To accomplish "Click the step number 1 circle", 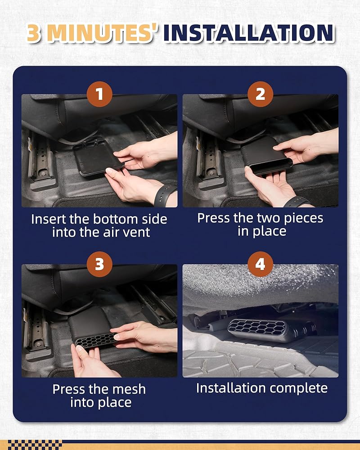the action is [99, 94].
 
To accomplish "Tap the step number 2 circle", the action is [260, 94].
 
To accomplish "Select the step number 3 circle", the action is [99, 264].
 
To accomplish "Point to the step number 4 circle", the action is [260, 264].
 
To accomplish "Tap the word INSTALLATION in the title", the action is [249, 33].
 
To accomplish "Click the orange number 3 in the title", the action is [34, 33].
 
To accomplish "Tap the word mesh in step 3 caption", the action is [129, 389].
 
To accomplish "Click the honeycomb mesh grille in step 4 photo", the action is [257, 328].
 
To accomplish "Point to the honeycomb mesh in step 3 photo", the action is [95, 341].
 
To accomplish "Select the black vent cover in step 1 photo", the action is [98, 156].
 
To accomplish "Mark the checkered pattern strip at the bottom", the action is [35, 445].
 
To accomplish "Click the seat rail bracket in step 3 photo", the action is [37, 330].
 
